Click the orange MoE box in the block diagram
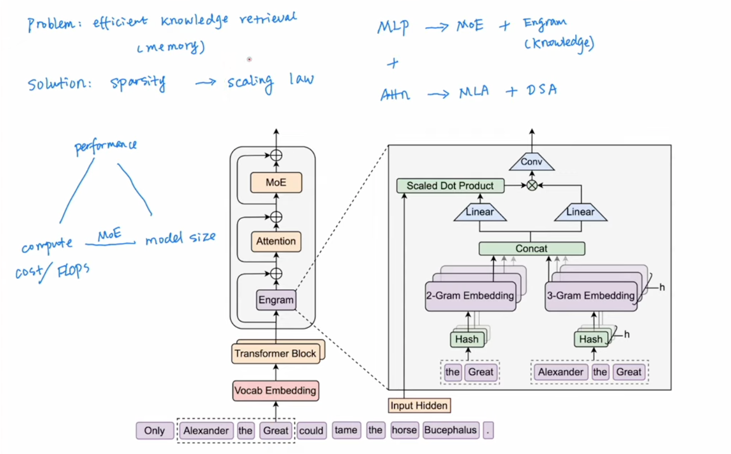(x=276, y=182)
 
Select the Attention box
(x=276, y=241)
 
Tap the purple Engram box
(x=276, y=300)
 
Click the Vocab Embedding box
(x=275, y=391)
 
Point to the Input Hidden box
(x=419, y=405)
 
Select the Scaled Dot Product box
(x=450, y=186)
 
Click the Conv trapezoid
(x=531, y=162)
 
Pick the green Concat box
(x=531, y=249)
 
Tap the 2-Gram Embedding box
(x=470, y=296)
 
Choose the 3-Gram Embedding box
(x=591, y=296)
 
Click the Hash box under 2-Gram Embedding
(x=467, y=339)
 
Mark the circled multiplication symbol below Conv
(x=531, y=186)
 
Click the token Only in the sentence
(x=154, y=431)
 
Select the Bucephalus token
(x=450, y=430)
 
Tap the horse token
(x=404, y=430)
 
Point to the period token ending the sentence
(x=488, y=431)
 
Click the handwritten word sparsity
(x=137, y=82)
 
